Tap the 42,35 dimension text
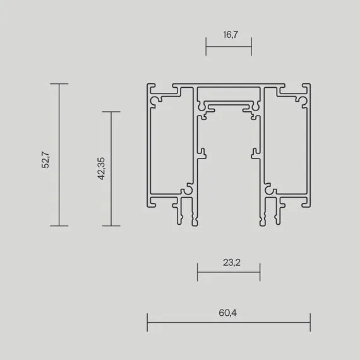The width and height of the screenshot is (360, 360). coord(100,168)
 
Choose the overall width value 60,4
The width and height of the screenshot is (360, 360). coord(228,312)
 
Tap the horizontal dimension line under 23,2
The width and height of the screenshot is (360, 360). coord(229,273)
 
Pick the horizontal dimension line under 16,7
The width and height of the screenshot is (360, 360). coord(229,45)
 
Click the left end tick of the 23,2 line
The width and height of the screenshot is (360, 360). coord(198,273)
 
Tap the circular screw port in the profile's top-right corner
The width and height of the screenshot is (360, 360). coord(303,99)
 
